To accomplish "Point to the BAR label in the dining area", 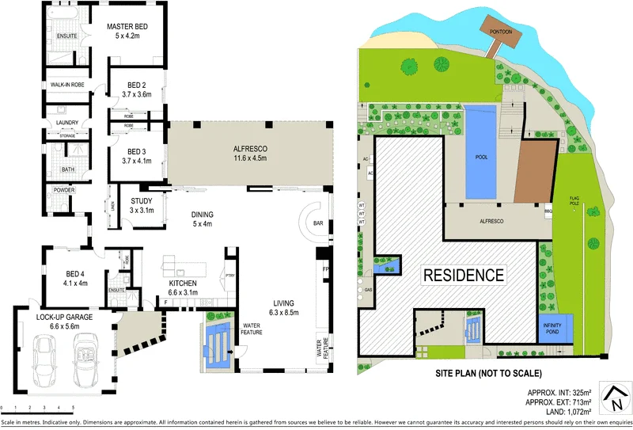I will pyautogui.click(x=318, y=223).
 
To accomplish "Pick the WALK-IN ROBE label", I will pyautogui.click(x=68, y=85).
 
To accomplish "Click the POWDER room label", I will pyautogui.click(x=64, y=191).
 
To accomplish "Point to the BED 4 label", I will pyautogui.click(x=74, y=277).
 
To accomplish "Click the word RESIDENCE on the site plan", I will pyautogui.click(x=463, y=276).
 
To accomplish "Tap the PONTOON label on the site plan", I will pyautogui.click(x=502, y=31).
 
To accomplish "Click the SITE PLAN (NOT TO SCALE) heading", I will pyautogui.click(x=488, y=373).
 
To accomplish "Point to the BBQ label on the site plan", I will pyautogui.click(x=547, y=211).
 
